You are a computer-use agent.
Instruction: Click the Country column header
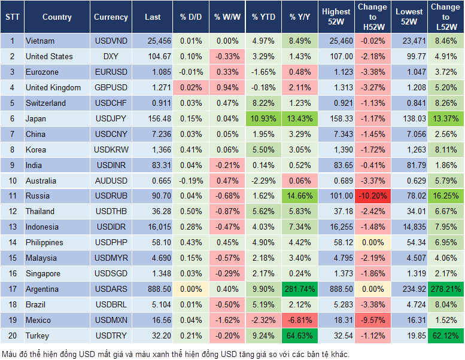pyautogui.click(x=57, y=17)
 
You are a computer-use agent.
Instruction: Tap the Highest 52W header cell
pyautogui.click(x=336, y=17)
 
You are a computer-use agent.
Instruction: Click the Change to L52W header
pyautogui.click(x=445, y=17)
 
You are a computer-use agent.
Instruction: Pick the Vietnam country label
pyautogui.click(x=40, y=41)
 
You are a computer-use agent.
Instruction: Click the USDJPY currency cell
pyautogui.click(x=111, y=118)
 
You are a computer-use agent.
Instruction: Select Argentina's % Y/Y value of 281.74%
pyautogui.click(x=300, y=289)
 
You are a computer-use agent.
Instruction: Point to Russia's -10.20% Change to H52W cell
pyautogui.click(x=372, y=196)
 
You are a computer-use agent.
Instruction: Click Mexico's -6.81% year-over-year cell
pyautogui.click(x=300, y=320)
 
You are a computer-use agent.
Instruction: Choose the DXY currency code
pyautogui.click(x=111, y=56)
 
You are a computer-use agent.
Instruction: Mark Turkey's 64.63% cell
pyautogui.click(x=300, y=335)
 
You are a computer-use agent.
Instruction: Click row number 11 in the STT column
pyautogui.click(x=11, y=196)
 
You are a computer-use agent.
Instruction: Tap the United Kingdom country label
pyautogui.click(x=53, y=87)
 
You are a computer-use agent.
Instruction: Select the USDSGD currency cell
pyautogui.click(x=111, y=273)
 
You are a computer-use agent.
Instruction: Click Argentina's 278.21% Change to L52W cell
pyautogui.click(x=445, y=289)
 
